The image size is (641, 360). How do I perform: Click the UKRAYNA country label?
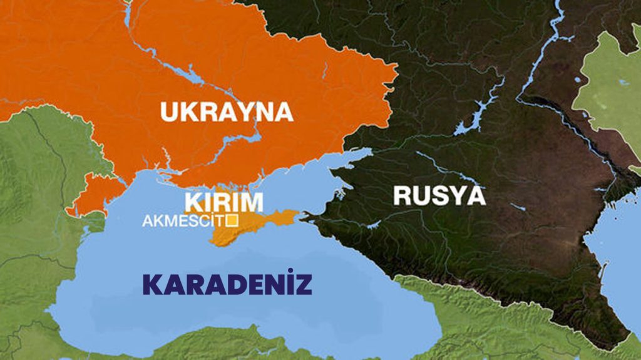pyautogui.click(x=227, y=111)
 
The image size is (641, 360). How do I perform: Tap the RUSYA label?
pyautogui.click(x=439, y=196)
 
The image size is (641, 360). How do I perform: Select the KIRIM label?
pyautogui.click(x=224, y=202)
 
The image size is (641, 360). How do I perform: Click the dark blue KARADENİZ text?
pyautogui.click(x=227, y=285)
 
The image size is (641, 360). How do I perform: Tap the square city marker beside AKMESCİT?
pyautogui.click(x=232, y=220)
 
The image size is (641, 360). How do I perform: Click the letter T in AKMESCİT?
pyautogui.click(x=221, y=220)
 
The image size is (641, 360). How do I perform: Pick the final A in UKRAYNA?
pyautogui.click(x=282, y=111)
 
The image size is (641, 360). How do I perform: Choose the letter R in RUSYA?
pyautogui.click(x=404, y=196)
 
